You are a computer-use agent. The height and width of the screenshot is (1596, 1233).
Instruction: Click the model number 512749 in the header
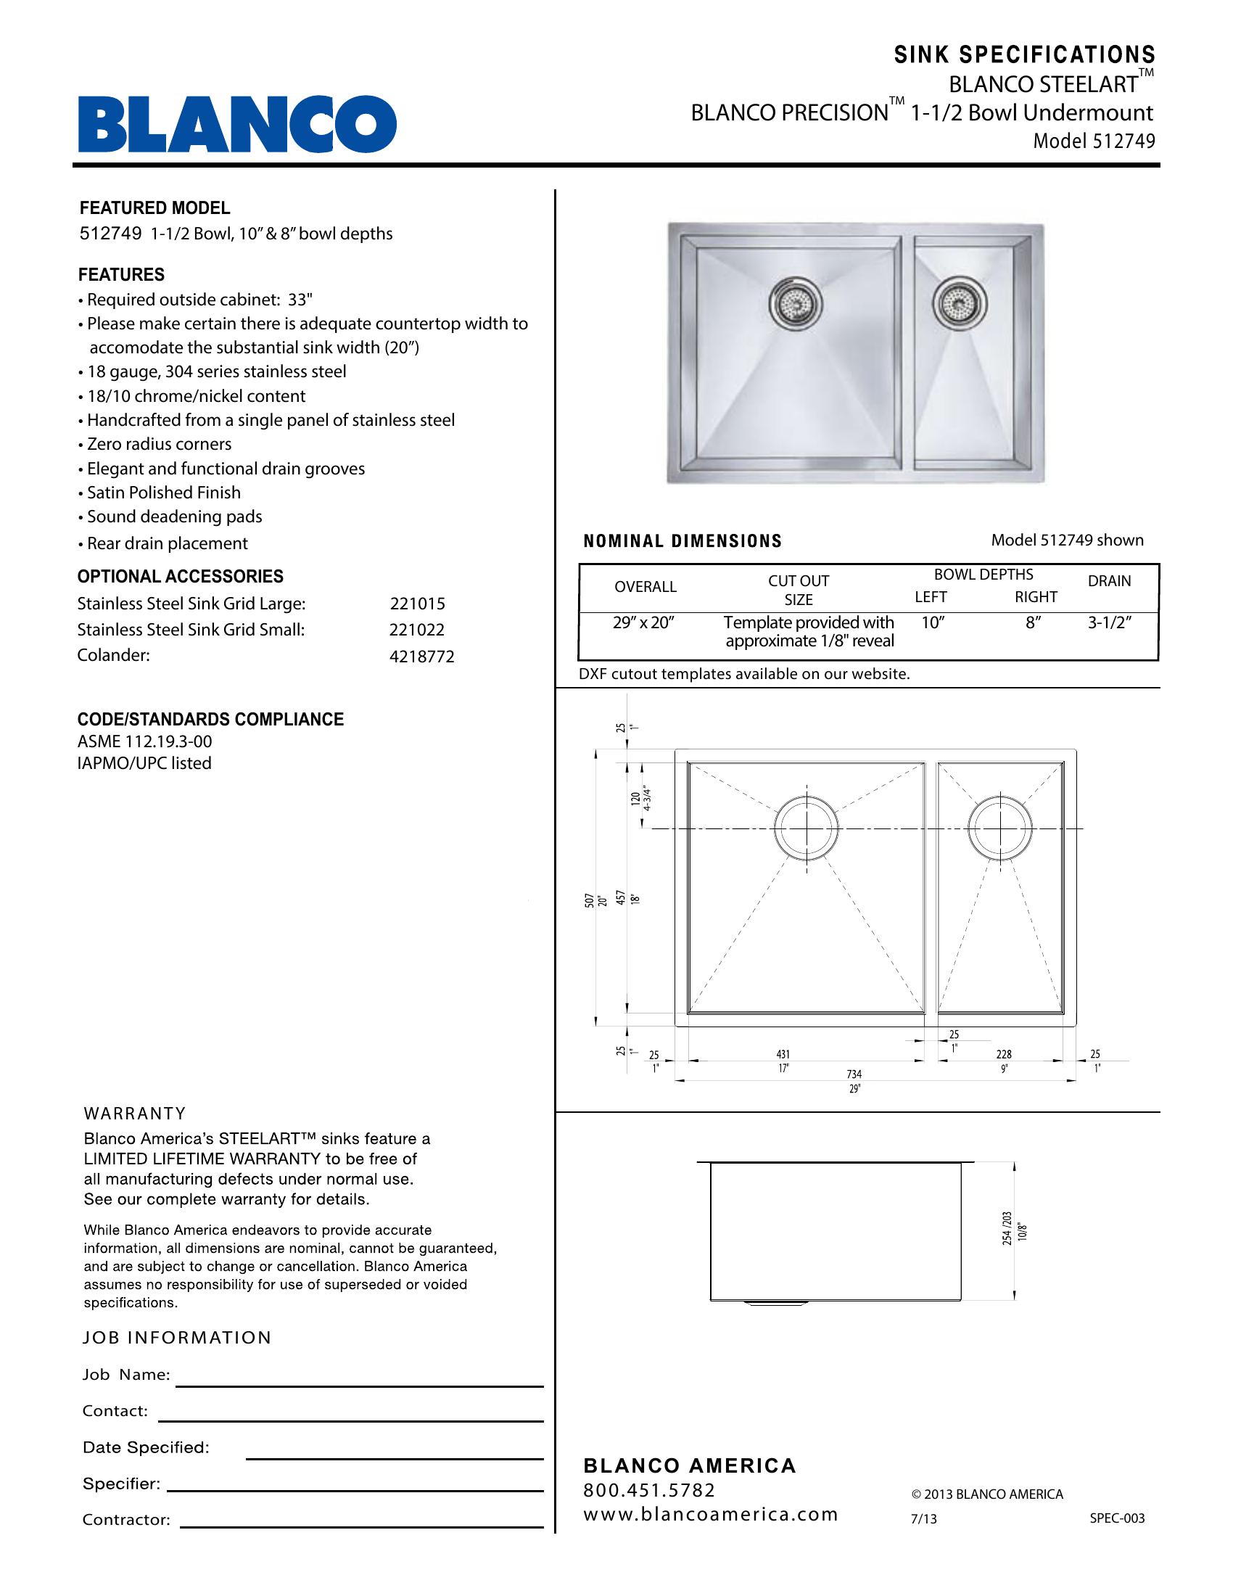[1124, 141]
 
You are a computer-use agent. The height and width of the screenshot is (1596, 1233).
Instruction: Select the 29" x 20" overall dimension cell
[643, 623]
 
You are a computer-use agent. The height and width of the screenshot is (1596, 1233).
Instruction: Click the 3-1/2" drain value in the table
[1109, 623]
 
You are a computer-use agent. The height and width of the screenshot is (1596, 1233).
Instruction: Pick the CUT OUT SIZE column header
[799, 590]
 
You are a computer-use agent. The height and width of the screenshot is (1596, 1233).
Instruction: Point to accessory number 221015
[417, 604]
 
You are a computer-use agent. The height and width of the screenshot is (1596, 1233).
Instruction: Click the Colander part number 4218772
[421, 657]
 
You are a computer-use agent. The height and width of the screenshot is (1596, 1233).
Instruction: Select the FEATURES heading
[121, 275]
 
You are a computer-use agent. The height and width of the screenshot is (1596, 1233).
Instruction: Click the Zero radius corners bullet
[160, 444]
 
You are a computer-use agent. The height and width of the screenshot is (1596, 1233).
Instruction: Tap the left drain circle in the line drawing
[807, 828]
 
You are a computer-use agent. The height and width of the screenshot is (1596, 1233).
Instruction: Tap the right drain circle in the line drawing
[1000, 828]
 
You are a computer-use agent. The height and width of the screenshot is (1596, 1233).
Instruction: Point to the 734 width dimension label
[854, 1074]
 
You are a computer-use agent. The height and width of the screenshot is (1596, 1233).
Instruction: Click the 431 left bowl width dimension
[783, 1054]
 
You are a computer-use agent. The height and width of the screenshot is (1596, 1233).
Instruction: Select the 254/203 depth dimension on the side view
[1007, 1227]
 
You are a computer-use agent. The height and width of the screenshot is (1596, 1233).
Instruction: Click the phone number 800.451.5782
[648, 1490]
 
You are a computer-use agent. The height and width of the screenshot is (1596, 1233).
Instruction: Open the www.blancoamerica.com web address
[710, 1514]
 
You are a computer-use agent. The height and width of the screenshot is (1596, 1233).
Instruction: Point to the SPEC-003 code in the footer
[1117, 1518]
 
